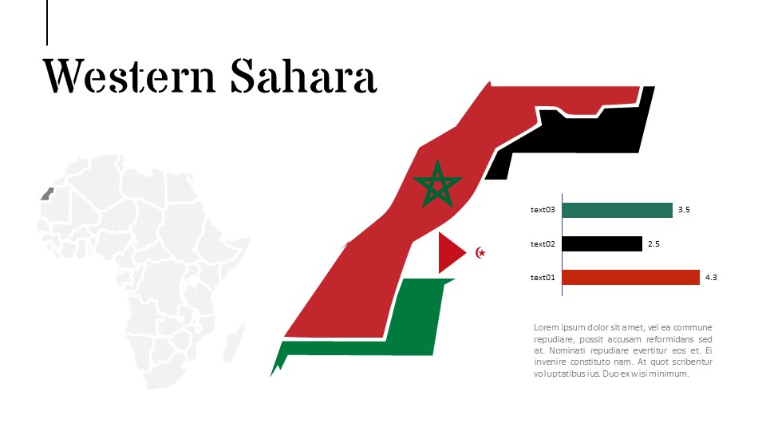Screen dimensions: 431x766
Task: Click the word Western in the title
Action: [129, 77]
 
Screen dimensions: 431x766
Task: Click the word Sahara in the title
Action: [303, 77]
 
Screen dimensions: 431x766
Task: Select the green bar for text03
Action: [617, 210]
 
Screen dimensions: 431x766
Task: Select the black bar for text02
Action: [602, 243]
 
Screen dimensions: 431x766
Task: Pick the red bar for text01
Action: [630, 277]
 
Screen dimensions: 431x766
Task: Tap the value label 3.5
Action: [684, 210]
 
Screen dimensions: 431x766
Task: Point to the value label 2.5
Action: [653, 243]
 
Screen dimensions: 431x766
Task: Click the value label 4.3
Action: [712, 277]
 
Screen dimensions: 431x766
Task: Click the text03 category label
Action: [543, 210]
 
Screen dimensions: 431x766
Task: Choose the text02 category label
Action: [543, 243]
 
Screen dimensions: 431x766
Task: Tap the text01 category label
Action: [543, 277]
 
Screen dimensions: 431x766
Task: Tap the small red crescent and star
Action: [480, 253]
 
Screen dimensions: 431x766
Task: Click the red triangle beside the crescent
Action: [449, 252]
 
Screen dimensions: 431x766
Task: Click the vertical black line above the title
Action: [47, 22]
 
